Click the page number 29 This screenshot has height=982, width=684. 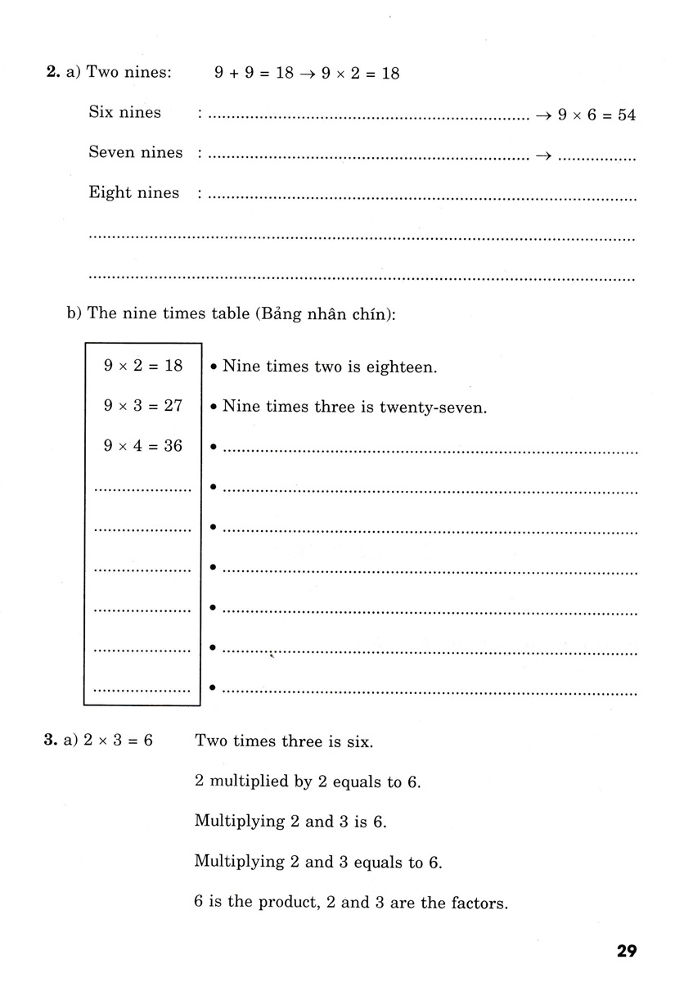[626, 952]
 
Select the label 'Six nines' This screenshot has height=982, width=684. [124, 113]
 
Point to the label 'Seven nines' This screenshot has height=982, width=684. [135, 152]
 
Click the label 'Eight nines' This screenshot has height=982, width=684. [133, 193]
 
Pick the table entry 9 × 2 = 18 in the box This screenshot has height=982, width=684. [143, 366]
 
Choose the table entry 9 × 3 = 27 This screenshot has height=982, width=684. [143, 406]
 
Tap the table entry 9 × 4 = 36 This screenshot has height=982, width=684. [143, 447]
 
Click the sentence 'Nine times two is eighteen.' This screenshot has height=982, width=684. [330, 367]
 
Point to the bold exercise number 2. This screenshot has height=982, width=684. [52, 73]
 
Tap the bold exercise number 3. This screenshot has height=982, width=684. [49, 741]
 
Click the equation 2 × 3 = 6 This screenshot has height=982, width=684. [119, 741]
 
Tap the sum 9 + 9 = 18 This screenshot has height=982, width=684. [254, 73]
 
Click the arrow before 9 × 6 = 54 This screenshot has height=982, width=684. [544, 115]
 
